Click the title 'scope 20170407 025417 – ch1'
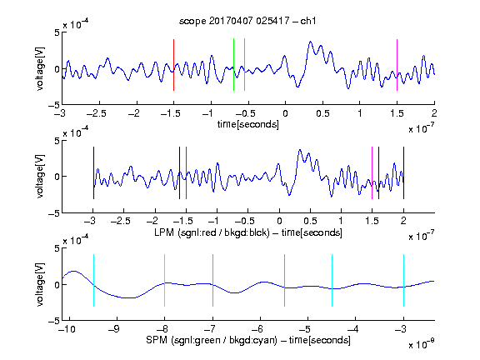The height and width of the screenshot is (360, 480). point(247,21)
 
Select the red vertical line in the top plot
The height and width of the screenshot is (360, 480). point(173,65)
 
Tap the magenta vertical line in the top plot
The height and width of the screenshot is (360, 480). point(397,65)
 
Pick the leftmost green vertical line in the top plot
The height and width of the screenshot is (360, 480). point(233,65)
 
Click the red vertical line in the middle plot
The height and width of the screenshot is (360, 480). point(186,173)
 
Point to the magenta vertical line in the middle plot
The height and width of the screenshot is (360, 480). point(372,173)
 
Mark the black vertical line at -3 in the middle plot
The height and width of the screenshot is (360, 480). point(93,173)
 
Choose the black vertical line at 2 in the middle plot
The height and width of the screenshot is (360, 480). point(403,173)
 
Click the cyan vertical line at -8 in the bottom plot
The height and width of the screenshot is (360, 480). point(164,280)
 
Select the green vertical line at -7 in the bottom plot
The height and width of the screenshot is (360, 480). point(212,280)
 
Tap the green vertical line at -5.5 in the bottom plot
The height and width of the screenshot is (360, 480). point(284,280)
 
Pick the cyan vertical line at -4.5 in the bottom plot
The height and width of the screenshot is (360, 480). point(332,280)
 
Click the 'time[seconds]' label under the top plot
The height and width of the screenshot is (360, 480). point(248,124)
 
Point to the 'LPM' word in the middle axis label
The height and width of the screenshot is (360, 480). point(164,232)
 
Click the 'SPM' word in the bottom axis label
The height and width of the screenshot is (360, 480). point(157,340)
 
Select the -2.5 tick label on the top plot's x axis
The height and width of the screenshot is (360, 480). point(97,113)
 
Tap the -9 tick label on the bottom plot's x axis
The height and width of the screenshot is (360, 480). point(114,329)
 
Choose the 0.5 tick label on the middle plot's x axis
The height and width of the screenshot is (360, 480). point(310,221)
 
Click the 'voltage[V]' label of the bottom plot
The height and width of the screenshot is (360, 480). point(40,284)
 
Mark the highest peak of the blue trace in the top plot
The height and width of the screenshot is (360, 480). point(310,42)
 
